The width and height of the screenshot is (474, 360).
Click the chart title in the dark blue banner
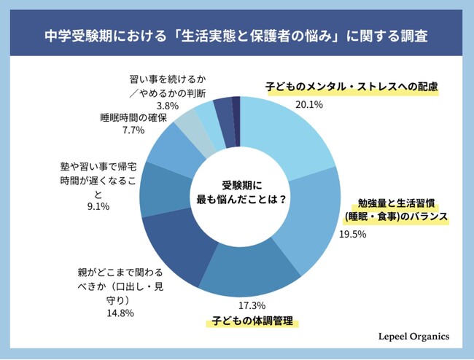tap(236, 34)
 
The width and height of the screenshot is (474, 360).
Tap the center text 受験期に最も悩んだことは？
tap(241, 191)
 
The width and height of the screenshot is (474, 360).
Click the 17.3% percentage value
tap(252, 305)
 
